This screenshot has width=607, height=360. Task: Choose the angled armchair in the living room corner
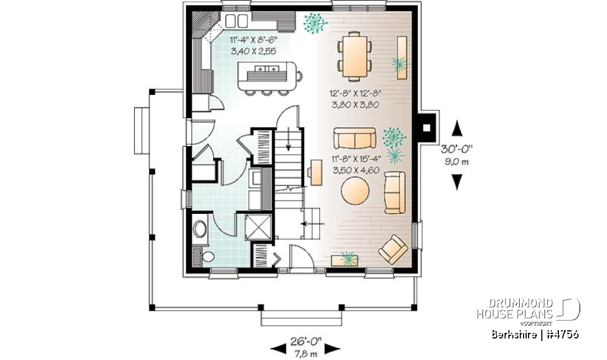(393, 249)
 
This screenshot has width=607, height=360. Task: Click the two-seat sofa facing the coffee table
(354, 137)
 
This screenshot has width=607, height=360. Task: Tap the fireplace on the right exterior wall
(428, 126)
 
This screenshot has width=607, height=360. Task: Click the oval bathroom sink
(200, 229)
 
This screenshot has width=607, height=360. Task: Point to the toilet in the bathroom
(207, 256)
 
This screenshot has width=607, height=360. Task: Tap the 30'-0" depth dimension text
(457, 149)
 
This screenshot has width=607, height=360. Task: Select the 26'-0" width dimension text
(305, 340)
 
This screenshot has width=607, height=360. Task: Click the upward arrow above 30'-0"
(457, 130)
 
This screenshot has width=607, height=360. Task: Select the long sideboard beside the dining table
(401, 58)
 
